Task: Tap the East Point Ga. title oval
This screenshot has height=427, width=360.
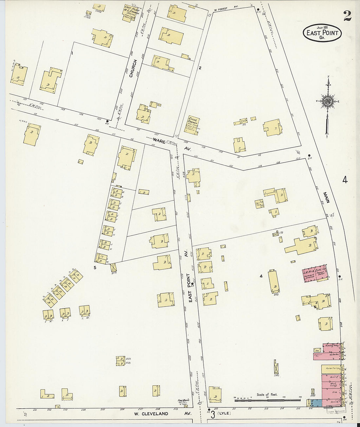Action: [x=322, y=33]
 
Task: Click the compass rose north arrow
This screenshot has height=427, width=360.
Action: [x=327, y=101]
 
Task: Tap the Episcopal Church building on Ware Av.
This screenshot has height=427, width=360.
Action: [x=194, y=124]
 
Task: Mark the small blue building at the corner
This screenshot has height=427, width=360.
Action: [x=317, y=402]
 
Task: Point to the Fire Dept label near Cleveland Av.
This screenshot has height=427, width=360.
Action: [x=182, y=401]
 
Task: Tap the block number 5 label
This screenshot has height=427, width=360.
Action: [x=95, y=268]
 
